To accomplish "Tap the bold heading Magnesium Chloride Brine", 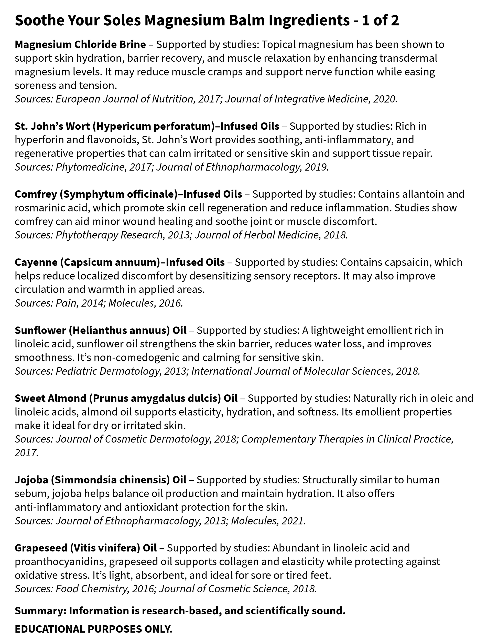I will pyautogui.click(x=80, y=45).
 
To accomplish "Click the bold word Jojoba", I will pyautogui.click(x=31, y=480).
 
